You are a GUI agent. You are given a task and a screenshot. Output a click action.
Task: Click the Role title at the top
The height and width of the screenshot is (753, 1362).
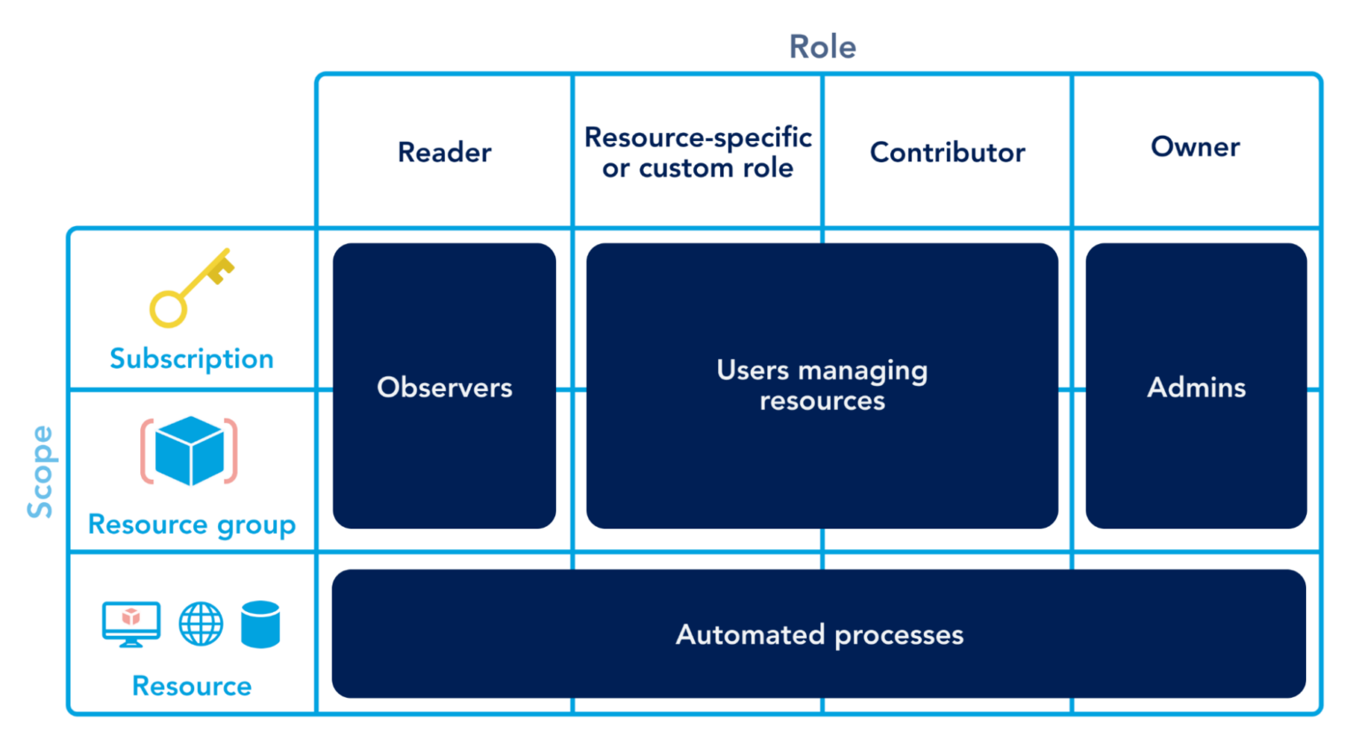822,47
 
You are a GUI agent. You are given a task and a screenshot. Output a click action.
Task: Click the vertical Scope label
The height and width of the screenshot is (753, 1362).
40,471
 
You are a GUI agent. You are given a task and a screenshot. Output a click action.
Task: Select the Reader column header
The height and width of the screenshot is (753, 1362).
444,153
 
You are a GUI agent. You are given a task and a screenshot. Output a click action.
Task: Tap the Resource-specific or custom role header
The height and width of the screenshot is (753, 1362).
698,153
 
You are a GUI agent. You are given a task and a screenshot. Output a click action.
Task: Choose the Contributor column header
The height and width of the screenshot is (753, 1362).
947,153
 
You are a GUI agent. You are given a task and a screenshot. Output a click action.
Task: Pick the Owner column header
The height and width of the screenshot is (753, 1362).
1195,147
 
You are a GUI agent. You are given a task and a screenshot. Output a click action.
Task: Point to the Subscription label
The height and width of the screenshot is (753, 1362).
192,358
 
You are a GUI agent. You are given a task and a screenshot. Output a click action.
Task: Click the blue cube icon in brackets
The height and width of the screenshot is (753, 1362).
189,451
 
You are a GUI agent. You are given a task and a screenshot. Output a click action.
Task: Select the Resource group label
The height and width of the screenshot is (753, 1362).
192,524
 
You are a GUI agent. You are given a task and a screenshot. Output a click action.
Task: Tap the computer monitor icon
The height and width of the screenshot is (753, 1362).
131,624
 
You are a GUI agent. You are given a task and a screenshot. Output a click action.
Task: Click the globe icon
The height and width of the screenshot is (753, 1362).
201,624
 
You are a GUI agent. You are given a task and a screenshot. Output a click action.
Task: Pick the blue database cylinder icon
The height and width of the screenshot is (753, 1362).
261,624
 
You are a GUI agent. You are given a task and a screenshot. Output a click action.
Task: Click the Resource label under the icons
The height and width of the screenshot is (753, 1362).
192,686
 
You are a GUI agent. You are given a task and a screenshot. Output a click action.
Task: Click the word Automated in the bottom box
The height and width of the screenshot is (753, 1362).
750,635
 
